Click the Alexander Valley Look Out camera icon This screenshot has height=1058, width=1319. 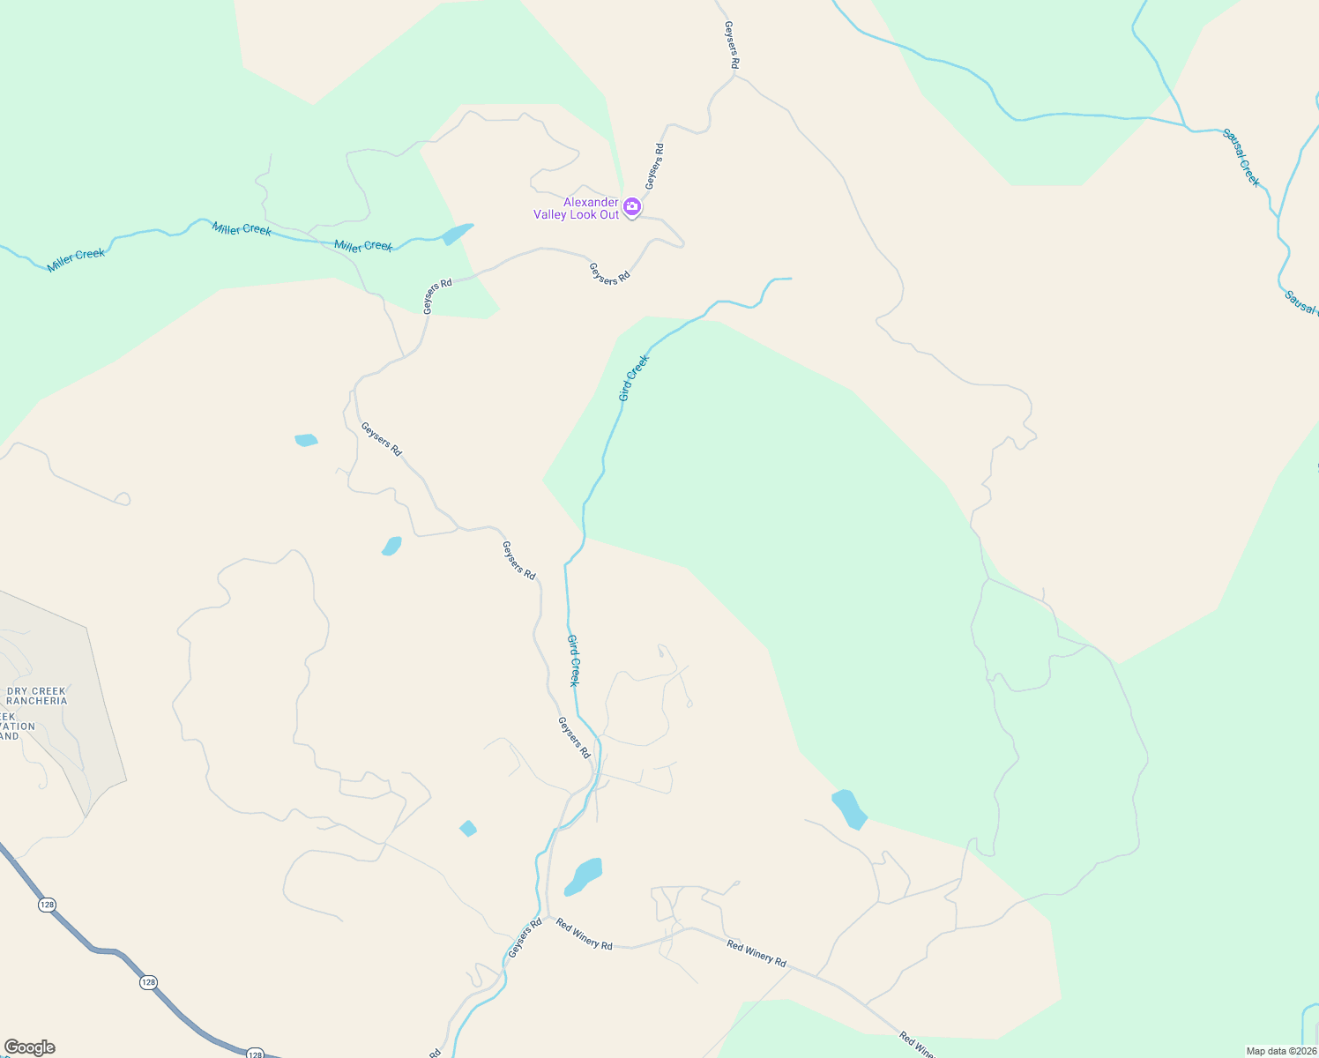point(631,207)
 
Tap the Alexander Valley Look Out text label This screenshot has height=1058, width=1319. point(577,209)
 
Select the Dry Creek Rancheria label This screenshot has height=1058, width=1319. point(36,697)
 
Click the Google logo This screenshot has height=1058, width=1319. point(30,1047)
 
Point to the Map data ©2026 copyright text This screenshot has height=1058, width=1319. point(1280,1051)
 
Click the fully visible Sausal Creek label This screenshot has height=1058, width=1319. point(1241,158)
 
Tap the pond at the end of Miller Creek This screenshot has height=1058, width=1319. point(457,234)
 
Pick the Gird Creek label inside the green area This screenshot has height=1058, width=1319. point(633,378)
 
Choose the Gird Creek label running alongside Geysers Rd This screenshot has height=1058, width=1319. point(573,660)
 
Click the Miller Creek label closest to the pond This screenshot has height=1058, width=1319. point(363,246)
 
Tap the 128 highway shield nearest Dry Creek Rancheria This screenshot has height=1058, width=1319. point(48,905)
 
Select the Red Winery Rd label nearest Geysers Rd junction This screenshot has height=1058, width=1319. point(584,934)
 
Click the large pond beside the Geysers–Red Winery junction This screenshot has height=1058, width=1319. point(584,875)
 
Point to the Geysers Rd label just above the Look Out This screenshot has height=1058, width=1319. point(654,167)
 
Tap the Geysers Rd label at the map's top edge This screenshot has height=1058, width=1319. point(731,46)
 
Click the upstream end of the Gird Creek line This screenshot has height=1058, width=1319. point(789,279)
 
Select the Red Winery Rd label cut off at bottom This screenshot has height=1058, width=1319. point(917,1045)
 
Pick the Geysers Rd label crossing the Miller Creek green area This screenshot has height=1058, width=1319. point(437,296)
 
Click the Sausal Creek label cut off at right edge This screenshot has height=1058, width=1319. point(1301,302)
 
